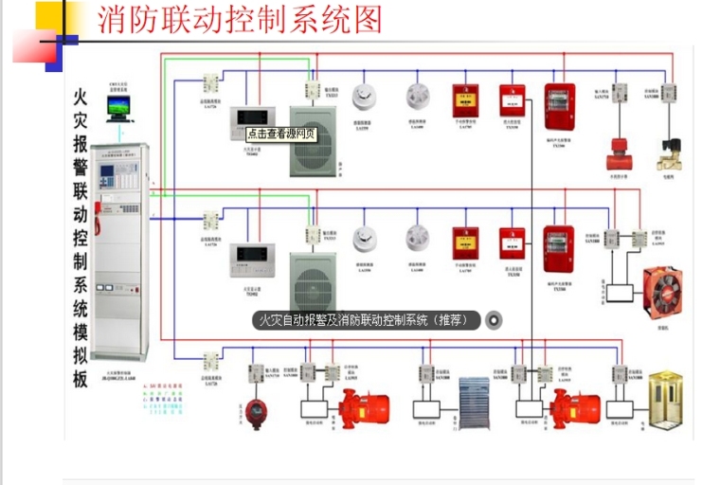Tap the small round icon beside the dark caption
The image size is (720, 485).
[494, 320]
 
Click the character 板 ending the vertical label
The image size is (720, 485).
[81, 379]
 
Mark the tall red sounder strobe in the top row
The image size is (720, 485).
[559, 108]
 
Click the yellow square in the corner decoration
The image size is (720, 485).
[48, 16]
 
